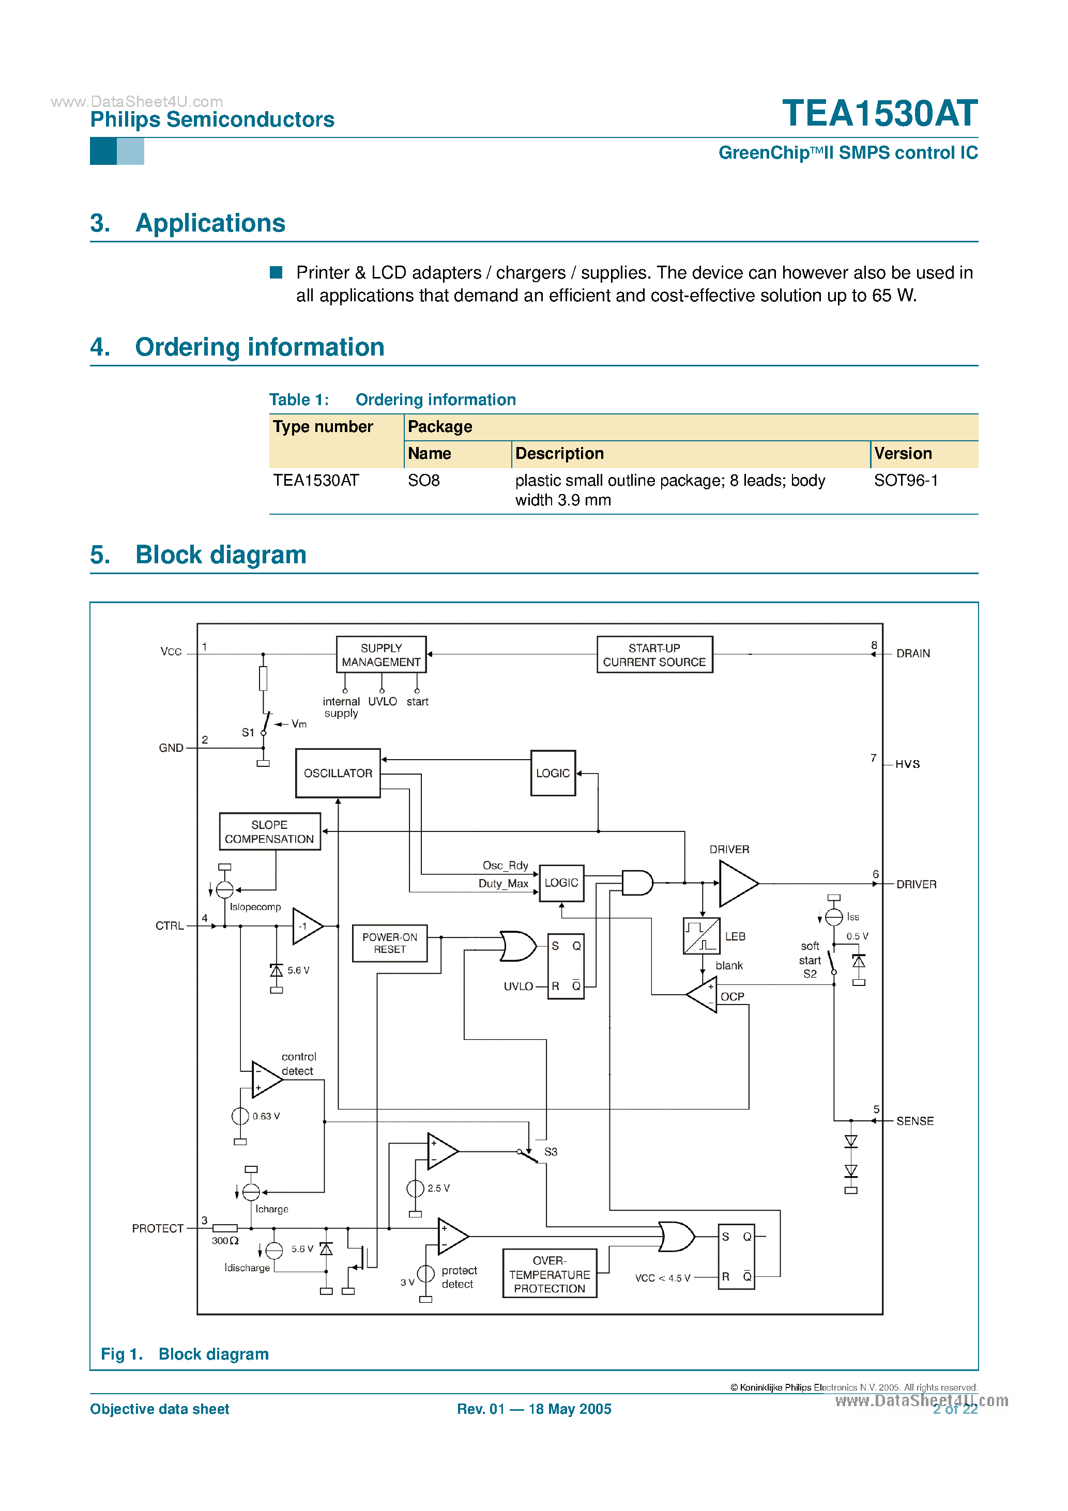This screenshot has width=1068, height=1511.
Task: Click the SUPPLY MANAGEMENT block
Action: [x=380, y=654]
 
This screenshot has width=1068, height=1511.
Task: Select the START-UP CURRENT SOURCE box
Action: [x=654, y=654]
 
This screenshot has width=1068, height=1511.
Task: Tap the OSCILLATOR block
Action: [x=338, y=773]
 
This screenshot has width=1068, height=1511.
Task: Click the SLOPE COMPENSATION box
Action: [x=269, y=831]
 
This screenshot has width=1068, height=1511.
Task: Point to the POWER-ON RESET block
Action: [x=389, y=943]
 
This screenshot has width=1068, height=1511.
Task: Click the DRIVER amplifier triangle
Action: [x=736, y=883]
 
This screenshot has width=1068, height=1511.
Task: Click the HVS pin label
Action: [x=907, y=764]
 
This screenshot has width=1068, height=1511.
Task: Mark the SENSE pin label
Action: [x=914, y=1121]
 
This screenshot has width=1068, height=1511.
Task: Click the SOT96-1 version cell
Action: [x=905, y=481]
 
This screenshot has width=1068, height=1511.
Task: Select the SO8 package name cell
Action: [x=423, y=481]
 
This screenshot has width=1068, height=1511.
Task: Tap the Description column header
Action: [x=559, y=453]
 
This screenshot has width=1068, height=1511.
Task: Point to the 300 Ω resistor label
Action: [x=224, y=1241]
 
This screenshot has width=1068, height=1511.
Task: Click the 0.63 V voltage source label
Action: [x=266, y=1116]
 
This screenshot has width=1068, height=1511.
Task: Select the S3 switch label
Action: [x=551, y=1152]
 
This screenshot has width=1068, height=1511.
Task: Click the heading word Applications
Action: [x=210, y=223]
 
